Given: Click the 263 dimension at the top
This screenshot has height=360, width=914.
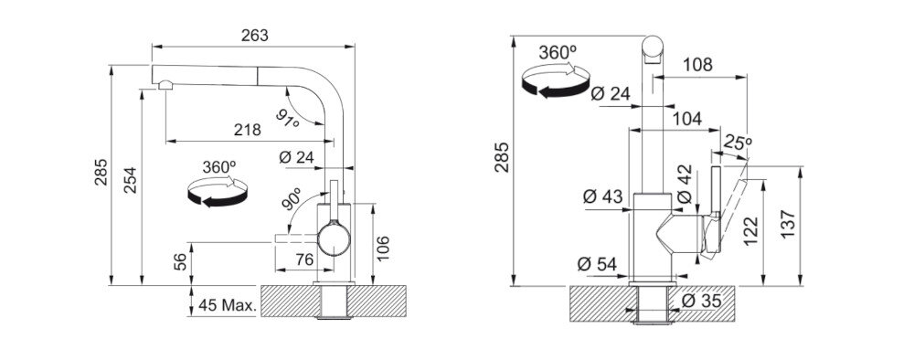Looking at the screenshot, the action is click(255, 36).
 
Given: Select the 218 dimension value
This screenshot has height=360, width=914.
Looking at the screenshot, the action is click(247, 130).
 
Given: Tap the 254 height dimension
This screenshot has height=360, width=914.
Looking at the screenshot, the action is click(130, 180).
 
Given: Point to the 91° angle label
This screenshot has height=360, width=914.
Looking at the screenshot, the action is click(287, 120).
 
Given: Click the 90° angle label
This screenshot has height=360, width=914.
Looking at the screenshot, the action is click(292, 198).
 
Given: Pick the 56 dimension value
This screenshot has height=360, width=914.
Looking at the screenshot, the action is click(181, 261).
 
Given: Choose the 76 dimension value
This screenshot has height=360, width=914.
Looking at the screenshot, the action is click(304, 259).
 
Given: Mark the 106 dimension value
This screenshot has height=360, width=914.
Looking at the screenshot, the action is click(382, 249).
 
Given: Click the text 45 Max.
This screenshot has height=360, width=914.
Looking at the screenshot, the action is click(228, 304).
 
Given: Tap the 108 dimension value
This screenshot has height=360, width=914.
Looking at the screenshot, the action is click(697, 65).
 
